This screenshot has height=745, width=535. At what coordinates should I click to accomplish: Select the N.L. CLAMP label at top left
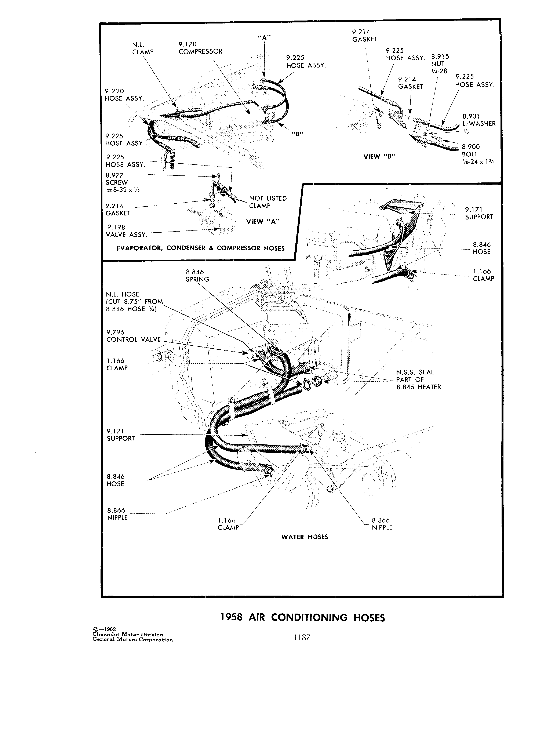click(x=143, y=48)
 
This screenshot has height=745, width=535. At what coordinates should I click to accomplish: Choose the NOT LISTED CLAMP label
click(x=268, y=202)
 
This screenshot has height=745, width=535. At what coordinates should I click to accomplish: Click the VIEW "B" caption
click(x=379, y=157)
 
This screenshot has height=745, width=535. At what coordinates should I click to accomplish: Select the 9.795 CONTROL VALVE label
click(x=134, y=336)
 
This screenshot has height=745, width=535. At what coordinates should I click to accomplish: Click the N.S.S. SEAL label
click(x=418, y=379)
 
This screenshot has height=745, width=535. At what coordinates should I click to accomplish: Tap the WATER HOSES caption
click(x=305, y=537)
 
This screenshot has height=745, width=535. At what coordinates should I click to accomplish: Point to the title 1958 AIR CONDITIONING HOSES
click(x=302, y=618)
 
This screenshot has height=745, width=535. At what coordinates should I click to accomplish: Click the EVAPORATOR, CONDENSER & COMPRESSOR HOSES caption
click(x=201, y=248)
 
